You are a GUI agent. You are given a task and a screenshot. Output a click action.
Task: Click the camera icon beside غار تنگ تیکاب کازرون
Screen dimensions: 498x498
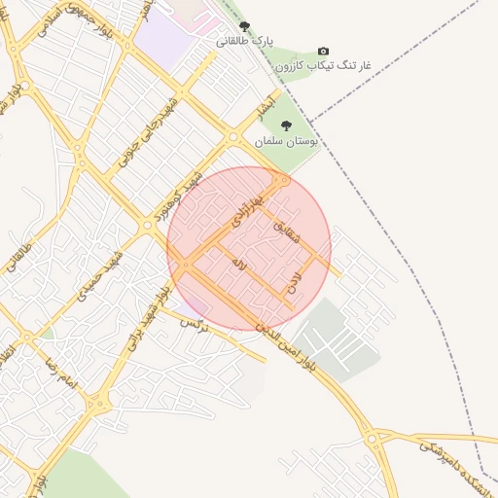tap(323, 52)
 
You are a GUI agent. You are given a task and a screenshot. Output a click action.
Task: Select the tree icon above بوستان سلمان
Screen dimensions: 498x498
tap(286, 125)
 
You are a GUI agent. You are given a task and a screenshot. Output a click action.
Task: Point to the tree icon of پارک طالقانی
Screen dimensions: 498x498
tap(243, 26)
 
